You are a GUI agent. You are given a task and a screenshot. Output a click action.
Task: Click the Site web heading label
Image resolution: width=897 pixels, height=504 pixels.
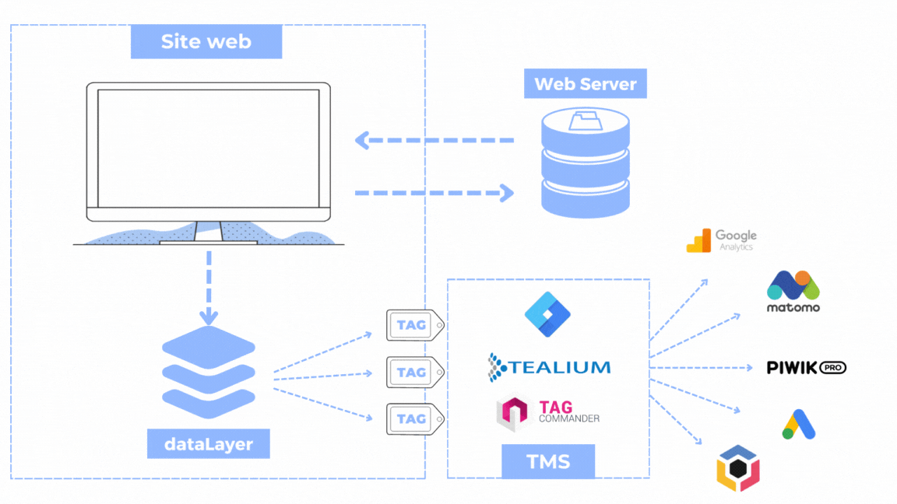click(206, 41)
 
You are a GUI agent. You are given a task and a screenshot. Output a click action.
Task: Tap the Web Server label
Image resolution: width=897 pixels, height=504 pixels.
click(585, 84)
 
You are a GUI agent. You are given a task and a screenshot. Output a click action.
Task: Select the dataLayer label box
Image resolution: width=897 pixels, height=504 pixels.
click(208, 444)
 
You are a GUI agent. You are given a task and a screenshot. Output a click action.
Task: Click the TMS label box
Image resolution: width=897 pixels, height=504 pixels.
click(548, 460)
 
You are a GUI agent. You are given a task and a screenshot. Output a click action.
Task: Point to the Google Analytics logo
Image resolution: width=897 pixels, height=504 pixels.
click(721, 240)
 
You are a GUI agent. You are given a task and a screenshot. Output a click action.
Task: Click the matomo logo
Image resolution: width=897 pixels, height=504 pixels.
click(793, 292)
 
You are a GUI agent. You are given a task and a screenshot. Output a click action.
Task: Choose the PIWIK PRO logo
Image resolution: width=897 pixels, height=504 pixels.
click(806, 367)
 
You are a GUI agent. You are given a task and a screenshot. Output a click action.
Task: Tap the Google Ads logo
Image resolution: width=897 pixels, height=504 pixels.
click(799, 424)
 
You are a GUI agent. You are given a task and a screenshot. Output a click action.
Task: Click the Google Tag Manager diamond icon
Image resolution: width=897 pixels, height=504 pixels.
click(547, 313)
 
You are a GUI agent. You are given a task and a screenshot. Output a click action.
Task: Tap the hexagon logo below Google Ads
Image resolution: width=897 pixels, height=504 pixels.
click(737, 469)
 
